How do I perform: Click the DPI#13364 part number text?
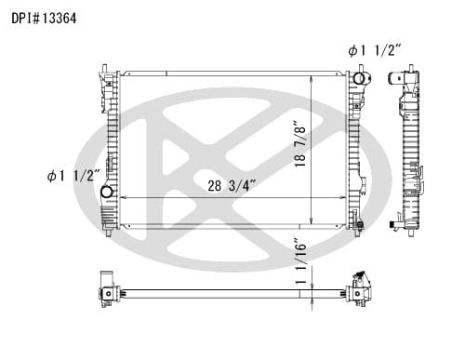pos(44,19)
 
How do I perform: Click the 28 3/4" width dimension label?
pos(232,186)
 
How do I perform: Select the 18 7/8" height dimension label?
pos(300,144)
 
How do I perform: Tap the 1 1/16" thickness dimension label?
pos(300,261)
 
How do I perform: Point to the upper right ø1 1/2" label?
pos(375,50)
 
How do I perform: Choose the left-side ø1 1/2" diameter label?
pos(73,176)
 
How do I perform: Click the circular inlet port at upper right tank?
pos(359,78)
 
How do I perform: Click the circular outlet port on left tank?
pos(106,192)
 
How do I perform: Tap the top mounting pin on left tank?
pos(104,68)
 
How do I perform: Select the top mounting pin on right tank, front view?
pos(361,68)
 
